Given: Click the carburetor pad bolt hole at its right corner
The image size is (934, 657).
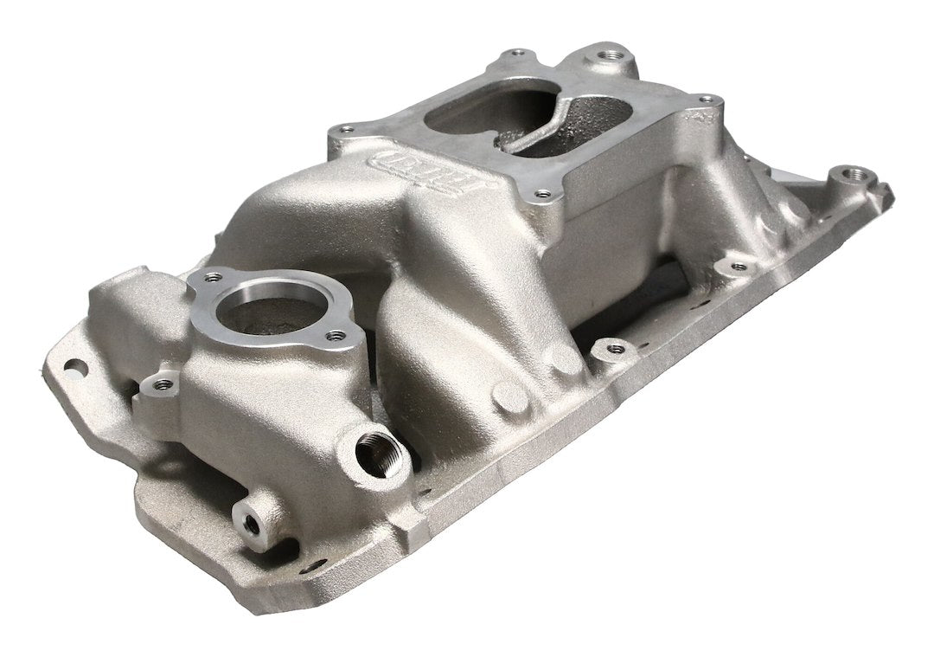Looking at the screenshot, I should tap(706, 101).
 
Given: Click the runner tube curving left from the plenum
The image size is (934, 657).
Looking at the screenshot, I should tap(285, 216).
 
